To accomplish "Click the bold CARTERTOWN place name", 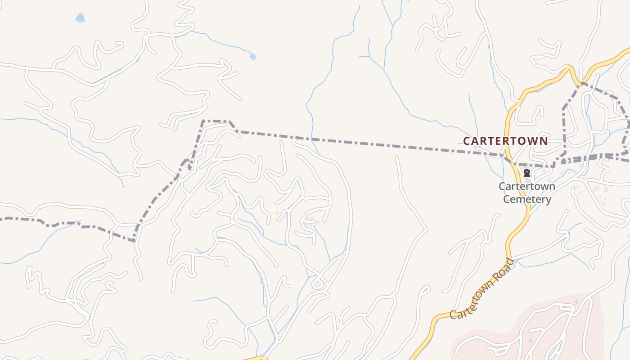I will coord(505,141).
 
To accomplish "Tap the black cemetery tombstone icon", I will coord(527,173).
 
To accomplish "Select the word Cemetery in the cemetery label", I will coord(527,199).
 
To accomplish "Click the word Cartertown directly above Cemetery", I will coord(526,186).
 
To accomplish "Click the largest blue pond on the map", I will coord(80,18).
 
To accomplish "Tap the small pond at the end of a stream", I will coord(252,57).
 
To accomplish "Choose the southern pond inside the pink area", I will coord(530,340).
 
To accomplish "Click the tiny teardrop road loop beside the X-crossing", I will coord(318,283).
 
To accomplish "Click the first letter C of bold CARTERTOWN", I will coord(467,141).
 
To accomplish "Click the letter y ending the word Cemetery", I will coord(548,200).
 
